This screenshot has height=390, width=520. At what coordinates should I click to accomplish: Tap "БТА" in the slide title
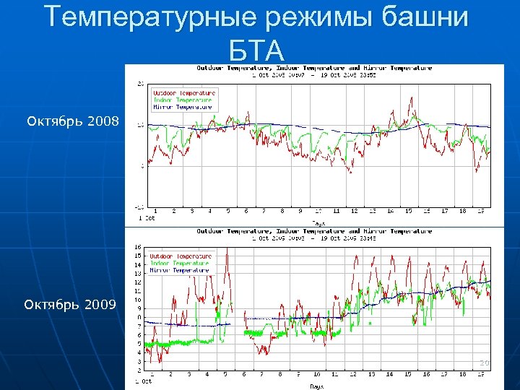coord(256,50)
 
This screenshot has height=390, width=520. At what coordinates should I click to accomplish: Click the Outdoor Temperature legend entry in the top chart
coord(183,93)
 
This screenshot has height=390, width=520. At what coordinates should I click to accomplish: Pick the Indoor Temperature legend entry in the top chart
coord(182,100)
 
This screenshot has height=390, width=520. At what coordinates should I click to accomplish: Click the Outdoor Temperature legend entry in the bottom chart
coord(180,256)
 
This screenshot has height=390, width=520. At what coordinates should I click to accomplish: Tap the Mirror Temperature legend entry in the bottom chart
coord(178,270)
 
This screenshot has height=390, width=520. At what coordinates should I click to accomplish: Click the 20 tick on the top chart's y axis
coord(140,84)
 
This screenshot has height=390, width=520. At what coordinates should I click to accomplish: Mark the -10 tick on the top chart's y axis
coord(139,206)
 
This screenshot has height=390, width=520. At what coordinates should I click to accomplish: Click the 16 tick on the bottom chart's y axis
coord(138,248)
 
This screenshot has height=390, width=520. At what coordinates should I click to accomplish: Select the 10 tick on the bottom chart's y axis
coord(138,300)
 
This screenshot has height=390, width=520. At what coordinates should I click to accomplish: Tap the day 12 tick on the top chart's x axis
coord(354,212)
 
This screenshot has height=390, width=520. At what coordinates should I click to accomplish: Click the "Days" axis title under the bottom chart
coord(317,386)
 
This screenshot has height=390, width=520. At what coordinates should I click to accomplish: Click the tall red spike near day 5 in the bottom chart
coord(227,251)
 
